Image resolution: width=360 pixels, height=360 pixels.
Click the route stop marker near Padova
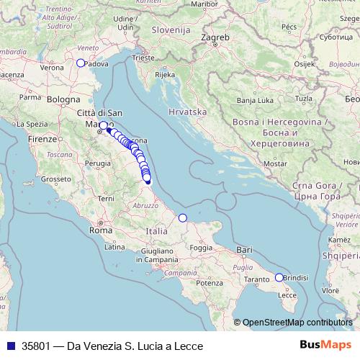tap(81, 63)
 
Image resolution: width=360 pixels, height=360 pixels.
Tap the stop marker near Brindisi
tap(279, 277)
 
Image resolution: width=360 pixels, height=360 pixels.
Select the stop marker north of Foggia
tap(182, 217)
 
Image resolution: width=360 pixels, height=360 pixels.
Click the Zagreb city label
tap(215, 35)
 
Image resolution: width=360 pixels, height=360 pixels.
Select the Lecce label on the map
tap(287, 294)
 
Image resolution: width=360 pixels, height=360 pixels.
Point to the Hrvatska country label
tap(187, 112)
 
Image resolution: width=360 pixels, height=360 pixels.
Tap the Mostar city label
tap(276, 163)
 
